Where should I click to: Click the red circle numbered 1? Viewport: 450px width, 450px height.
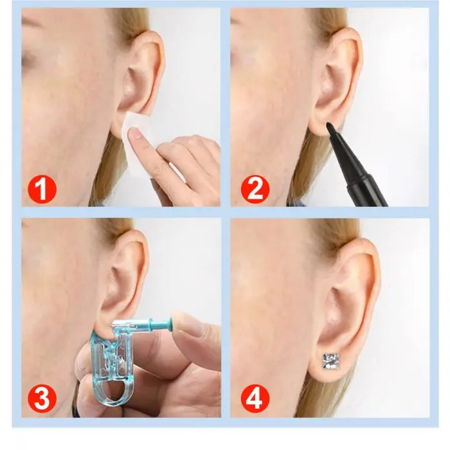pos(42,190)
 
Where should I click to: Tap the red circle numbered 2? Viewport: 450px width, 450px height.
pos(255,190)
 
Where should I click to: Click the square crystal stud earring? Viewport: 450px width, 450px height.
pos(332,361)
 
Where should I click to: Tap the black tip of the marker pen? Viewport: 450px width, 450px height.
pos(329,127)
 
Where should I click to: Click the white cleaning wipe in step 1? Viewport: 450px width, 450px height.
pos(138,138)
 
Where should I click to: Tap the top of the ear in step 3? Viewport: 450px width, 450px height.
pos(134,235)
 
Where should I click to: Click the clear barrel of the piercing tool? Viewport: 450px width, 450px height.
pos(127,325)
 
